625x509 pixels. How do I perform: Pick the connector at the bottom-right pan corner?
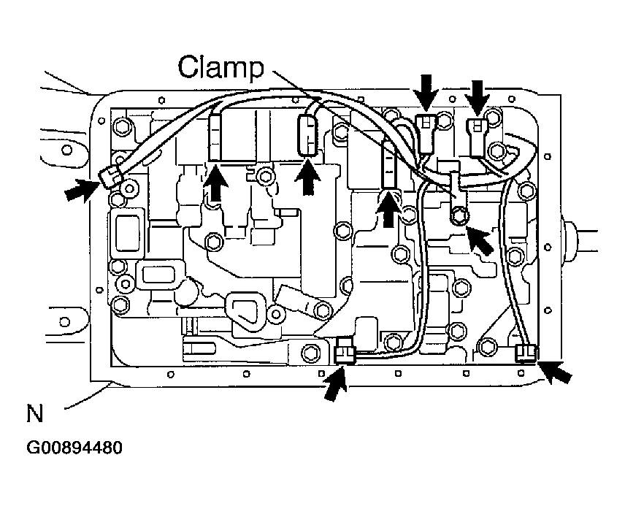(x=526, y=353)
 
